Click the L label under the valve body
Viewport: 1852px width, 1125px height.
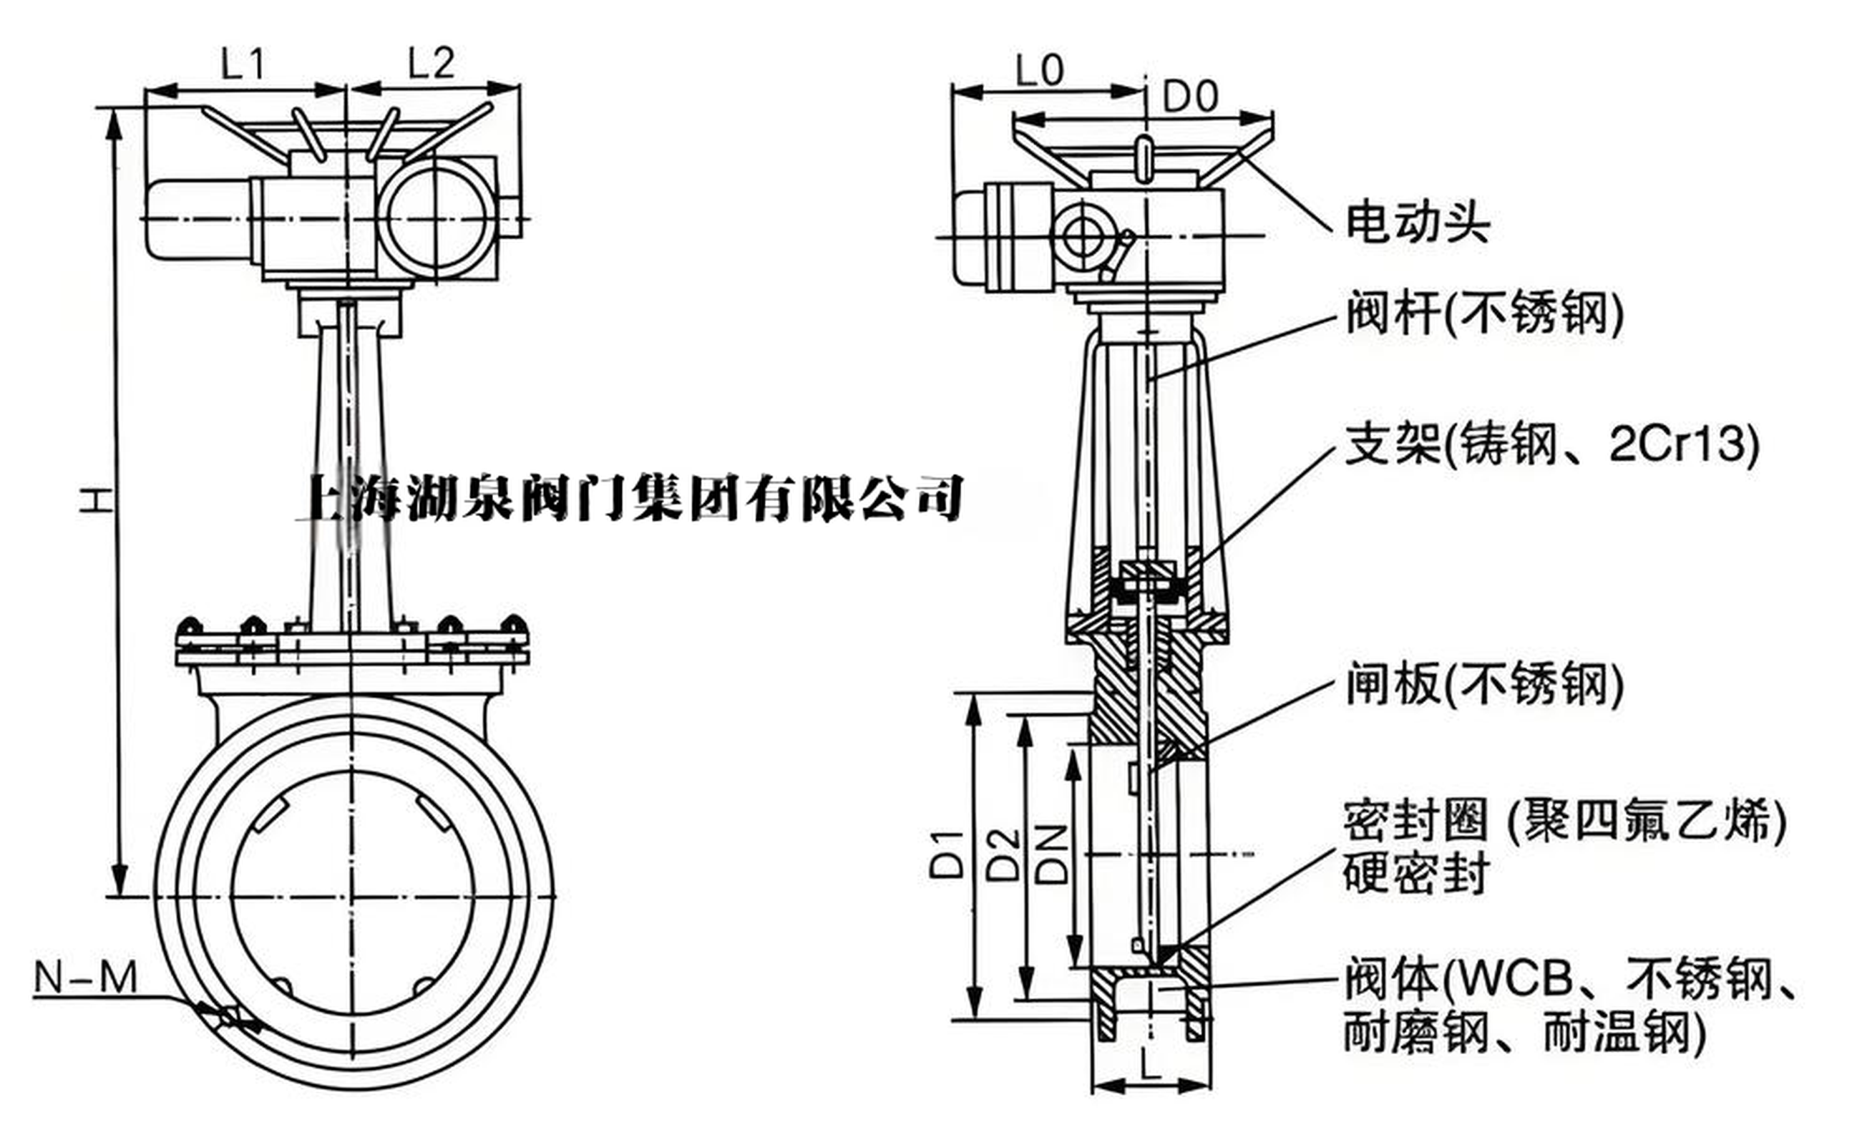point(1149,1065)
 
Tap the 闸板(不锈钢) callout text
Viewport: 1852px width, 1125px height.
point(1483,684)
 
